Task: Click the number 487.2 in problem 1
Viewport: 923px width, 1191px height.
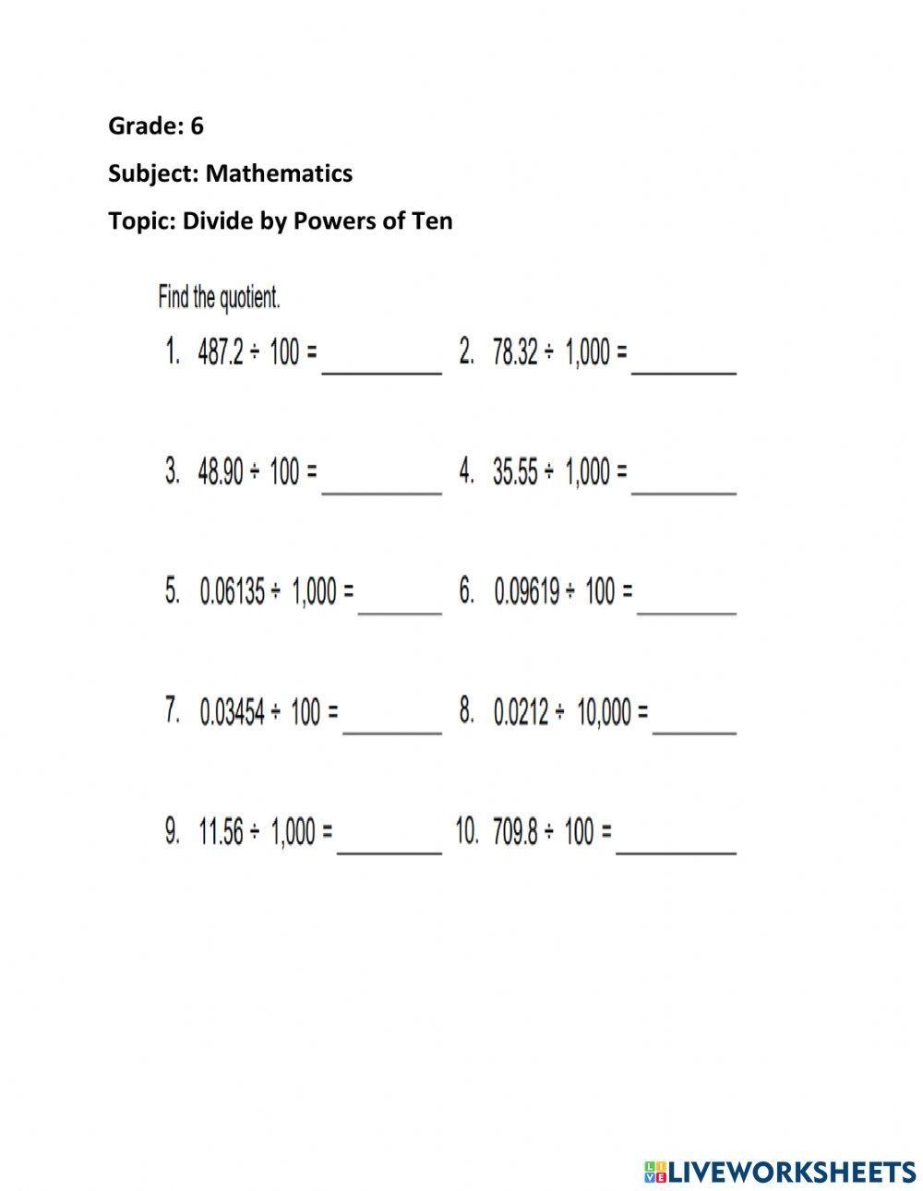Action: [x=221, y=352]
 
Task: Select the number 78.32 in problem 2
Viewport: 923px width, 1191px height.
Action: [x=515, y=352]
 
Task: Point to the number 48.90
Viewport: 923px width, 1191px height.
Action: [x=221, y=472]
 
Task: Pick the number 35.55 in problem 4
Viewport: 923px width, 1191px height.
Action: [x=515, y=472]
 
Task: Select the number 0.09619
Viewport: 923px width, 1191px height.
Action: [x=527, y=592]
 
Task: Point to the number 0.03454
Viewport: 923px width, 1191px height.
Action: [x=233, y=712]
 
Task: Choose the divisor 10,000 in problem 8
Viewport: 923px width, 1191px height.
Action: [x=605, y=712]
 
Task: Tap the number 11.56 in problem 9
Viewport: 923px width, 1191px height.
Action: [x=222, y=832]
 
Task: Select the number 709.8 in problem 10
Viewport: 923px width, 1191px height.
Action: [x=514, y=832]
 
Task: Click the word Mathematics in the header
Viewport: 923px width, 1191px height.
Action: [x=279, y=173]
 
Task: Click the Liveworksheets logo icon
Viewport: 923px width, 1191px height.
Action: [x=655, y=1172]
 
